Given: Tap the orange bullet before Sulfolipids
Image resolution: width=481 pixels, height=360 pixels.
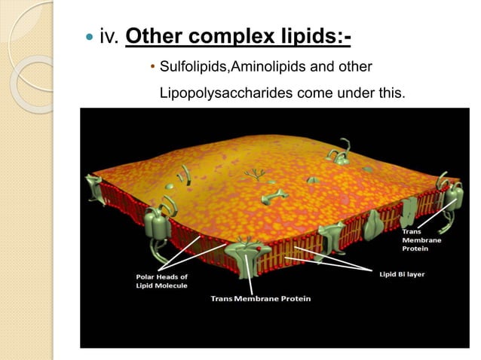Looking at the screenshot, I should click(x=153, y=69).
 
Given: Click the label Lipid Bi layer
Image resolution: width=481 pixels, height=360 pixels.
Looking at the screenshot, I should click(x=401, y=274).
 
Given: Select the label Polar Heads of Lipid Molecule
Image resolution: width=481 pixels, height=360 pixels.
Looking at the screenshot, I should click(x=158, y=281).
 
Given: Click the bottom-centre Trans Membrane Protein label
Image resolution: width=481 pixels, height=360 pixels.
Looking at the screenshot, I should click(x=260, y=299).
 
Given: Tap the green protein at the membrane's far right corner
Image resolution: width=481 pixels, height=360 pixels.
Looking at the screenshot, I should click(x=454, y=196).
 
